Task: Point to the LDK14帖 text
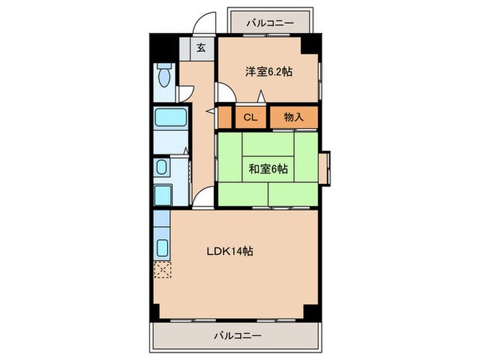click(x=230, y=252)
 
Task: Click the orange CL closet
click(x=250, y=117)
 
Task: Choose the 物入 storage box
click(x=293, y=117)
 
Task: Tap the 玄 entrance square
click(x=201, y=48)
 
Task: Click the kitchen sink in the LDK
click(x=163, y=247)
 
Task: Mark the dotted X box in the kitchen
click(x=163, y=270)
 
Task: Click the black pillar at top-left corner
click(x=160, y=47)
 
